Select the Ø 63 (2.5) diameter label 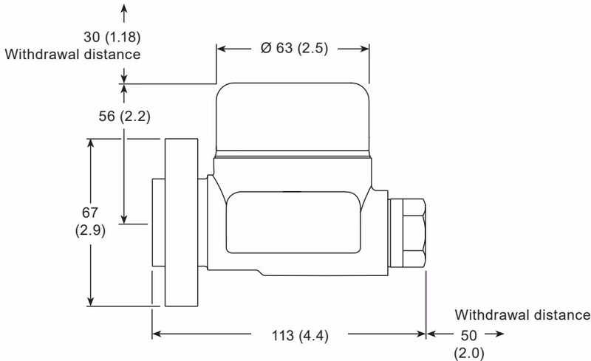pyautogui.click(x=293, y=49)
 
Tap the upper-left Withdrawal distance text pyautogui.click(x=72, y=54)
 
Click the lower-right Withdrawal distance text pyautogui.click(x=522, y=315)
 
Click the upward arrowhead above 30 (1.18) pyautogui.click(x=124, y=8)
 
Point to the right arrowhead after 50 pyautogui.click(x=500, y=334)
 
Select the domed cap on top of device pyautogui.click(x=292, y=118)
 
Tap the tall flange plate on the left pyautogui.click(x=182, y=221)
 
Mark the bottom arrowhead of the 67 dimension pyautogui.click(x=92, y=300)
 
